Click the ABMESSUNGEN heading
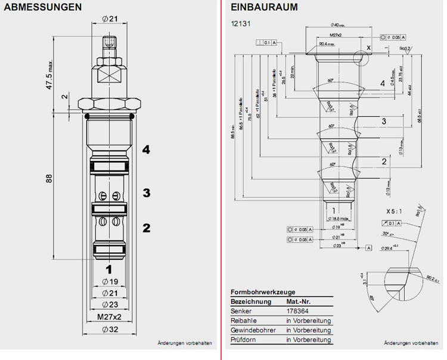point(44,8)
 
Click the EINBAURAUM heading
point(264,8)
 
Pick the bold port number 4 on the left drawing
point(146,150)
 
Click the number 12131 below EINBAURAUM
point(240,25)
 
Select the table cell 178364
point(297,312)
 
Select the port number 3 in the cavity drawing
point(384,122)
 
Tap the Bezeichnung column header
point(250,302)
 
